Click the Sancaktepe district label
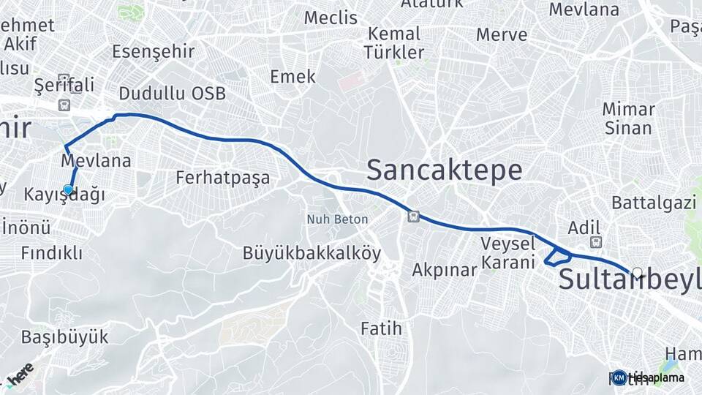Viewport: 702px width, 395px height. click(x=444, y=170)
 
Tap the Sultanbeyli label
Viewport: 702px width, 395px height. click(x=629, y=279)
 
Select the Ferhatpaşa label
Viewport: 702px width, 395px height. click(x=223, y=178)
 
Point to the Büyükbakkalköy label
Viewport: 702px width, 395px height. click(x=312, y=254)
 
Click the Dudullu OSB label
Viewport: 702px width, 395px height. click(x=172, y=94)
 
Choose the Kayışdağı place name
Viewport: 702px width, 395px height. click(x=64, y=195)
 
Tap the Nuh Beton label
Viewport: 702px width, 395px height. click(x=337, y=219)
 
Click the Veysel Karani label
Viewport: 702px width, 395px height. click(x=508, y=253)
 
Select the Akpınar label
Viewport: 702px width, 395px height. click(x=444, y=270)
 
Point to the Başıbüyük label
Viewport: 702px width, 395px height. click(x=64, y=337)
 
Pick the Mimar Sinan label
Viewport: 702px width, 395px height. click(x=628, y=118)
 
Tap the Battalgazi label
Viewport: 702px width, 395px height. click(x=654, y=203)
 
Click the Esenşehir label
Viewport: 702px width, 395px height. click(x=153, y=52)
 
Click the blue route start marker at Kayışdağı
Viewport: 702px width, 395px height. click(x=68, y=190)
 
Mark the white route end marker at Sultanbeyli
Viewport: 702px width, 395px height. click(x=638, y=273)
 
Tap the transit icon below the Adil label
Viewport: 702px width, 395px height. click(x=595, y=242)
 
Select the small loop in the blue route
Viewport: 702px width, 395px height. click(x=559, y=257)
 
